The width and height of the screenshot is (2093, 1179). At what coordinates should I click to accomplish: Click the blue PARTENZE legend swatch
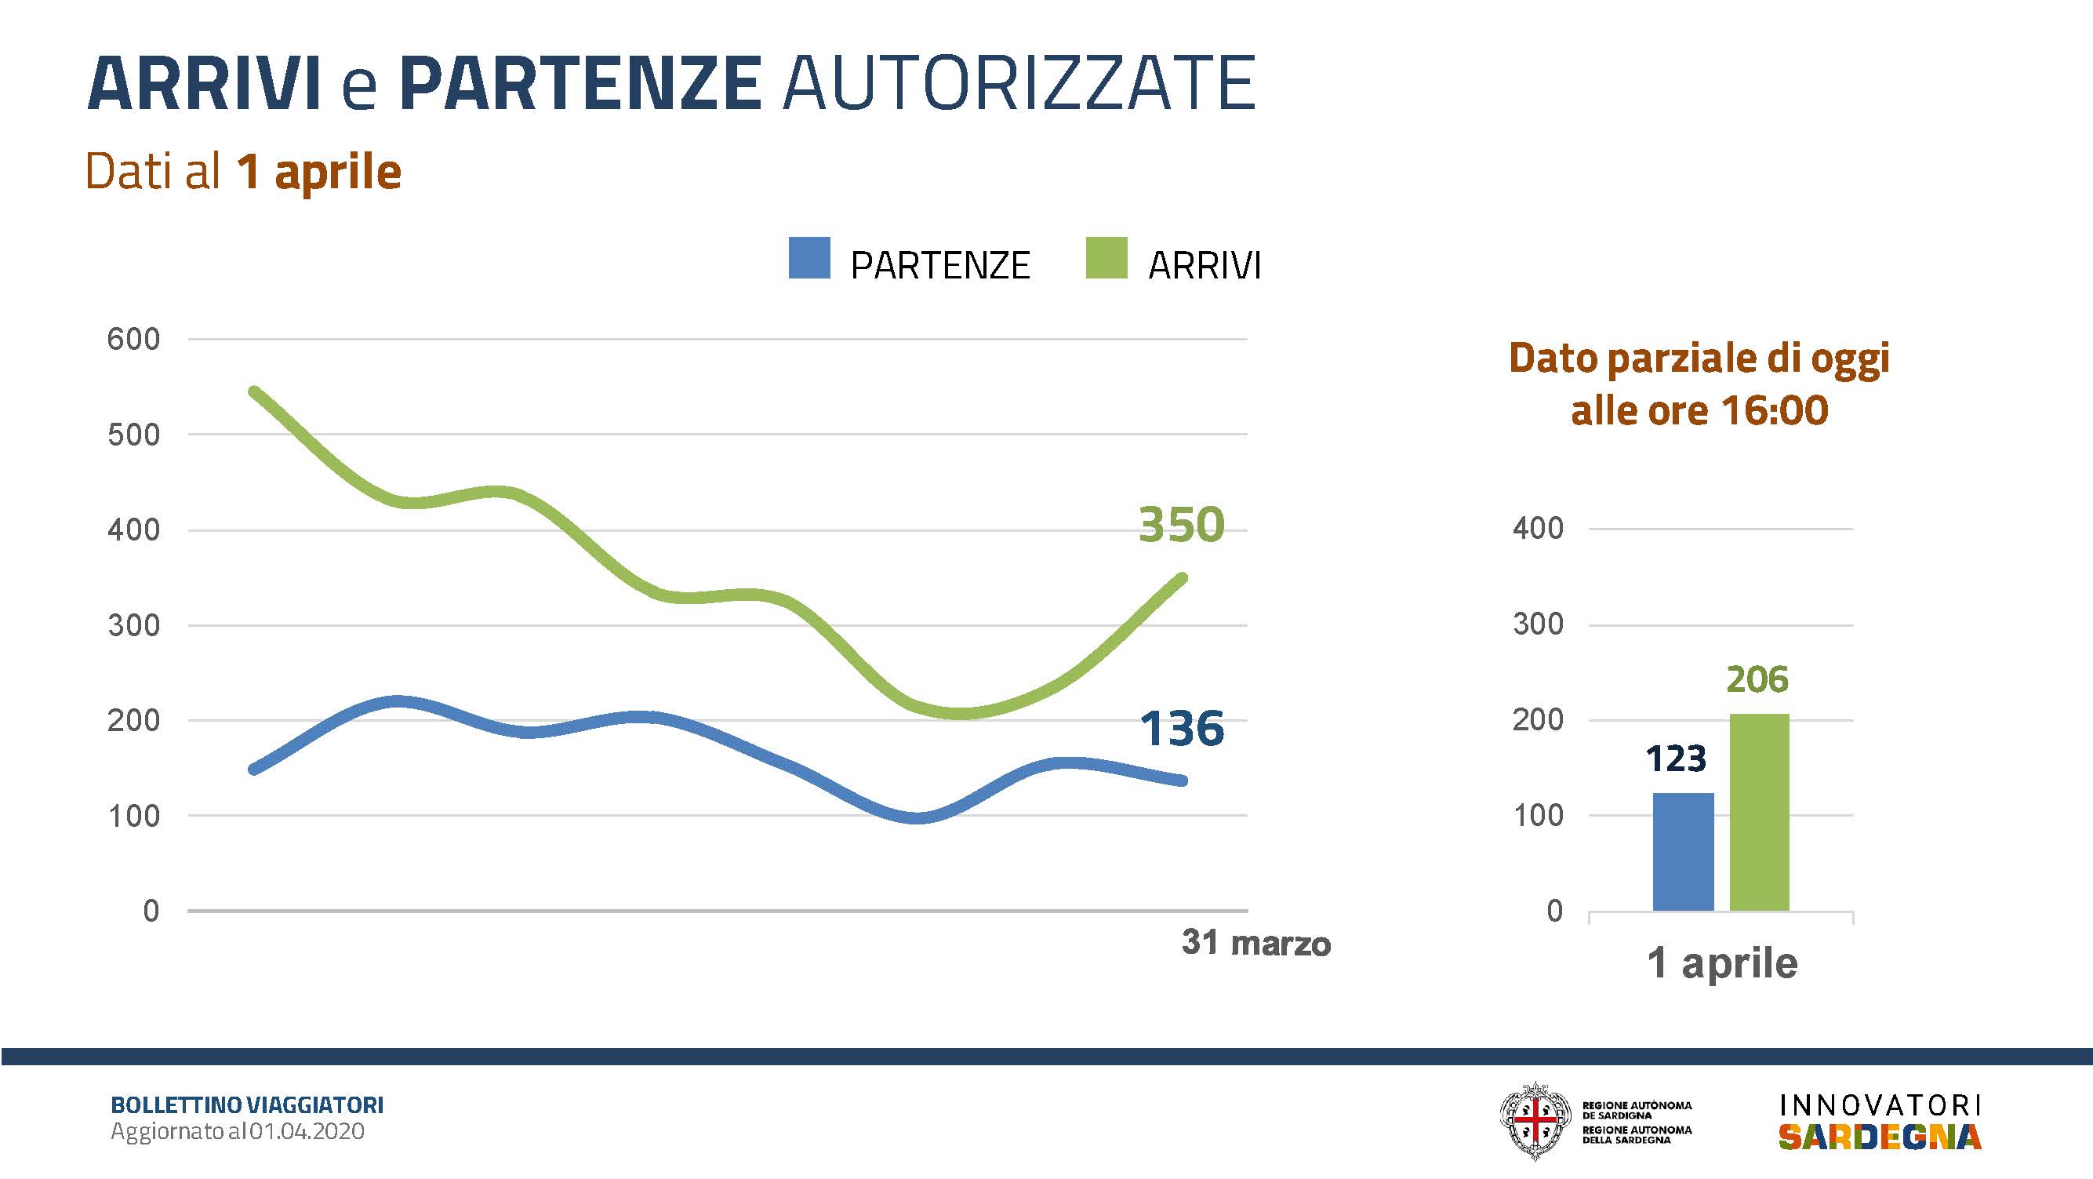809,258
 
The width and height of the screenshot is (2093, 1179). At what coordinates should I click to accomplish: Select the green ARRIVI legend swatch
1106,258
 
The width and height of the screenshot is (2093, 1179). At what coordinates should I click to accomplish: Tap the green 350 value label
1181,525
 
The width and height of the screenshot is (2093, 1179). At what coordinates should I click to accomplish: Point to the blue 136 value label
1181,728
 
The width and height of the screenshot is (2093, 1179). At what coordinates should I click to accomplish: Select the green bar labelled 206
1760,813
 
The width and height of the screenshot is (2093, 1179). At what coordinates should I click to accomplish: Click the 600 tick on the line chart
133,340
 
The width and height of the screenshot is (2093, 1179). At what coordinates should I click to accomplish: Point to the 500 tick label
133,435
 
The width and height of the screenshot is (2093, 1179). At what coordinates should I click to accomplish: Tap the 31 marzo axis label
1256,944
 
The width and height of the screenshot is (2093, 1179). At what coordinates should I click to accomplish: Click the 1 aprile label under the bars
1723,964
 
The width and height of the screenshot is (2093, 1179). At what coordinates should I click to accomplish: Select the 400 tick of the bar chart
1538,529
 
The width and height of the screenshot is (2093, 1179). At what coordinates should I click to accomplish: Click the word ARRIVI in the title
204,84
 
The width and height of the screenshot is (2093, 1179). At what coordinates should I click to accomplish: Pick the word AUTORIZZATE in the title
1019,84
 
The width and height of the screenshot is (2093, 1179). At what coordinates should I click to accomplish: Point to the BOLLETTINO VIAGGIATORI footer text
247,1106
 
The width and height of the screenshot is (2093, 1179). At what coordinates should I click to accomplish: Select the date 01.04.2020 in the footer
307,1132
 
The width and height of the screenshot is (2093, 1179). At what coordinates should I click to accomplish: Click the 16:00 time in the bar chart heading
1775,410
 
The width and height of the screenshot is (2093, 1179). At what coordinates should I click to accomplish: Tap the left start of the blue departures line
254,769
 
